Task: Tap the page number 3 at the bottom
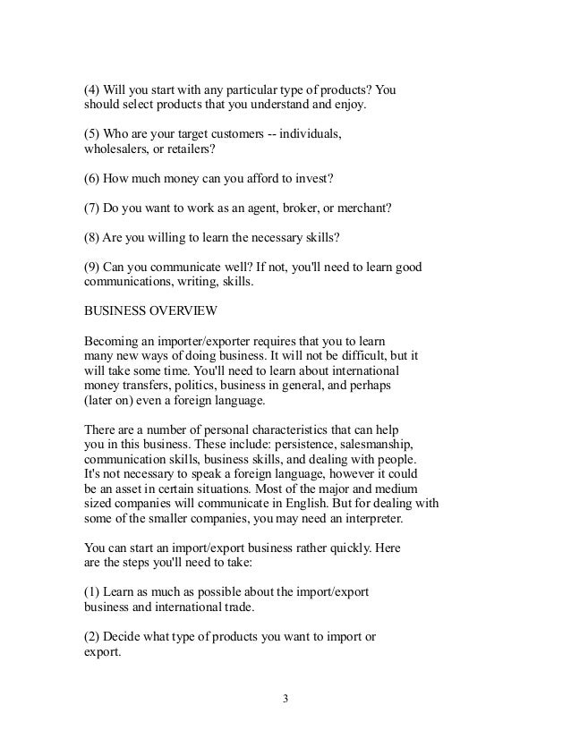285,699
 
